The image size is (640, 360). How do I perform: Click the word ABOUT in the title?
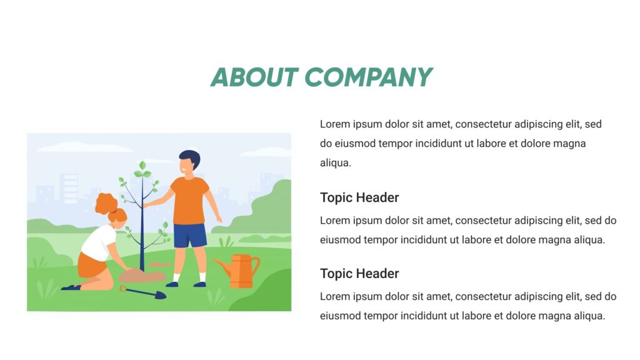point(253,77)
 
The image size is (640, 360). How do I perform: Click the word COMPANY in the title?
point(368,77)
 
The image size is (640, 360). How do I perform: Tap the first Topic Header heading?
point(359,197)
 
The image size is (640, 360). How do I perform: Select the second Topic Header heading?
point(359,273)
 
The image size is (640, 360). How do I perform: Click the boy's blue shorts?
point(189,236)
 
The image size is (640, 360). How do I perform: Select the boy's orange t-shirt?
point(189,200)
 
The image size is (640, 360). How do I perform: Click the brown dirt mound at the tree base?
point(141,275)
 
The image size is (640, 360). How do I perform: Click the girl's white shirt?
point(99,241)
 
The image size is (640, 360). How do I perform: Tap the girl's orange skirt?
point(91,265)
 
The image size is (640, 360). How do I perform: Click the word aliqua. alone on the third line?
point(336,162)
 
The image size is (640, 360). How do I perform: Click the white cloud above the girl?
point(84,147)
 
